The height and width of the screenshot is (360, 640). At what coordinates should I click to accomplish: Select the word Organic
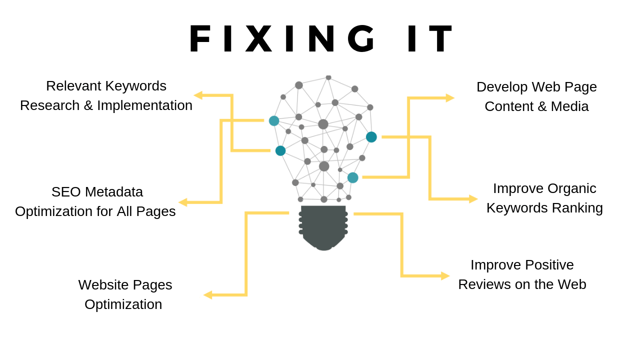[x=572, y=188]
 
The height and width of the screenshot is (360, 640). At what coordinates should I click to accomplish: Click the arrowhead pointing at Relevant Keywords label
[x=198, y=95]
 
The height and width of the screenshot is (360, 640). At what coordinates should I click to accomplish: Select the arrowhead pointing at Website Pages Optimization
[x=207, y=295]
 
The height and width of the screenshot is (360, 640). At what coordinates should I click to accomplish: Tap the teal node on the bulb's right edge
[x=371, y=137]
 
